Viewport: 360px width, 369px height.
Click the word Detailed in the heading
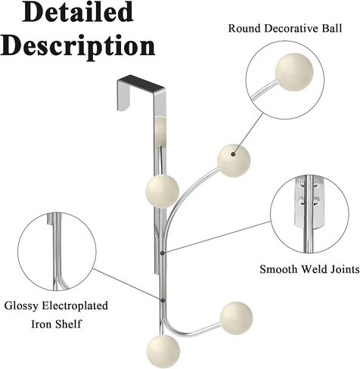(78, 12)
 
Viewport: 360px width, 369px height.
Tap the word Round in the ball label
(244, 28)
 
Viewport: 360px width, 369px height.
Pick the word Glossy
(21, 306)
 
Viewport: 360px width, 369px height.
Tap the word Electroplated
(75, 306)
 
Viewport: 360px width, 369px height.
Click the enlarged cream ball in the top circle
(294, 72)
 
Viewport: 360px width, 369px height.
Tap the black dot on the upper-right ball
(233, 154)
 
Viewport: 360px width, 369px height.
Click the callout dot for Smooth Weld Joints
(163, 253)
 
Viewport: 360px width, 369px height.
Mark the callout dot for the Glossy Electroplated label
(163, 300)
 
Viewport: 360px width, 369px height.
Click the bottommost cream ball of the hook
(163, 352)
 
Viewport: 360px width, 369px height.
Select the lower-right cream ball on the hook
(236, 318)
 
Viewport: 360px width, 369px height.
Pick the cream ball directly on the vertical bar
(162, 191)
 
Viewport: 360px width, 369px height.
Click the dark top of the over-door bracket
(142, 83)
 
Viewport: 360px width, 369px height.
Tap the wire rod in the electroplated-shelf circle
(57, 252)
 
